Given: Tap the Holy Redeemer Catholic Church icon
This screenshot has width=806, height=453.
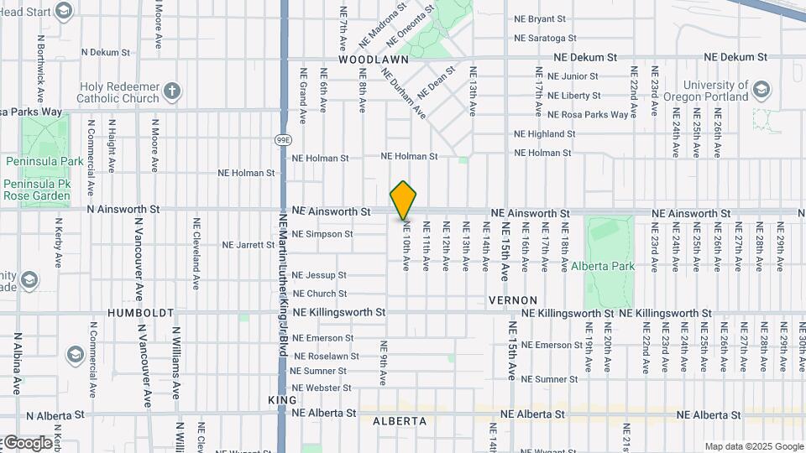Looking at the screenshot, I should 172,91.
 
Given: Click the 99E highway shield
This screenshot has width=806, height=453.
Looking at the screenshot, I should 284,139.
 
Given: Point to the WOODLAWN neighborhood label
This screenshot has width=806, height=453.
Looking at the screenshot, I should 374,60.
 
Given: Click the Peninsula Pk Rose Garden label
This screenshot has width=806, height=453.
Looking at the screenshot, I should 37,190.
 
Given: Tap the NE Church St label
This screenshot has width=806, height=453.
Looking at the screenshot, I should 318,294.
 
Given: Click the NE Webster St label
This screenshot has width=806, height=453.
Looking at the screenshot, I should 321,388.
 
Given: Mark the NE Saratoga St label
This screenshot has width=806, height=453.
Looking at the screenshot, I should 545,39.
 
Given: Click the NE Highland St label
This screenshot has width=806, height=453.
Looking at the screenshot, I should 544,134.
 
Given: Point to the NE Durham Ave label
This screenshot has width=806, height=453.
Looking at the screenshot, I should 403,91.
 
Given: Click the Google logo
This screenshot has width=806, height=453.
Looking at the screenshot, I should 27,443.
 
